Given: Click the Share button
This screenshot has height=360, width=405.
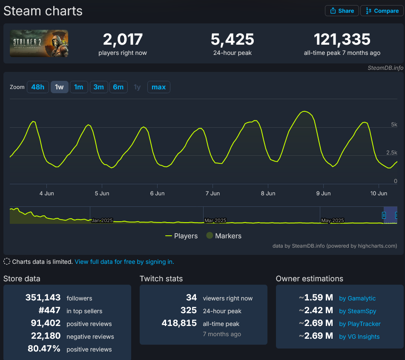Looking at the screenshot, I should pos(342,11).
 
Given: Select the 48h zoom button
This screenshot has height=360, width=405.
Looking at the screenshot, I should pos(37,87).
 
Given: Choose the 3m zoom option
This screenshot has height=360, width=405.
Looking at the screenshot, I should pos(98,87).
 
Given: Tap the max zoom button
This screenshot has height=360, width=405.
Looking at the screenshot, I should pos(158,87).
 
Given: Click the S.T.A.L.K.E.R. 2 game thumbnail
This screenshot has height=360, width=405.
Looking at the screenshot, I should pos(39,43).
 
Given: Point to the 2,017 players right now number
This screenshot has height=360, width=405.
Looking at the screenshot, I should pos(123,40).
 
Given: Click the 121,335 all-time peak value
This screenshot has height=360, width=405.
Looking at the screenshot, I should pos(342,40).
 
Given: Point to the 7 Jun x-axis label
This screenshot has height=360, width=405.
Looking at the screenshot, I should pos(213,193).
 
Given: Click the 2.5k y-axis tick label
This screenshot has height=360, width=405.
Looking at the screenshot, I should pos(391,153).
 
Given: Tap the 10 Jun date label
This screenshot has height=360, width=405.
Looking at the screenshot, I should pos(379,193).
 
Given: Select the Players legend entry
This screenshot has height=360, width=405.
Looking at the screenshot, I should pos(181,236).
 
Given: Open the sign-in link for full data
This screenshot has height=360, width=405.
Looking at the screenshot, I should pos(124,262).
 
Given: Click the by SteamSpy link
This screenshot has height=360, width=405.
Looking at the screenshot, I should pos(357,311).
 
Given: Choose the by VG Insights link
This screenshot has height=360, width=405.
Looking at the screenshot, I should pos(359,337).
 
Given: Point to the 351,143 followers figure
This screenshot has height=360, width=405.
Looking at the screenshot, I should pos(43,298).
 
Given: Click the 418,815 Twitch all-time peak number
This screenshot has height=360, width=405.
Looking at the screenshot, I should pos(179,323).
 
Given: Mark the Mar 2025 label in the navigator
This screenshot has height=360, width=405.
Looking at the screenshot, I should pos(215,220).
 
